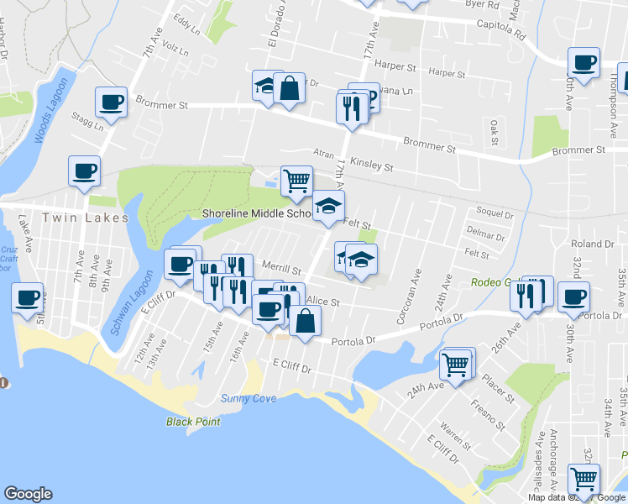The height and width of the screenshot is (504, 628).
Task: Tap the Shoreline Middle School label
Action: pyautogui.click(x=257, y=213)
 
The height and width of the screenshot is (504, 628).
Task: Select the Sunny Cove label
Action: pyautogui.click(x=248, y=398)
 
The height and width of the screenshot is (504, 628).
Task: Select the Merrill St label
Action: pyautogui.click(x=281, y=270)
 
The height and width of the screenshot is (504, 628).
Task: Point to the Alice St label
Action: pyautogui.click(x=322, y=301)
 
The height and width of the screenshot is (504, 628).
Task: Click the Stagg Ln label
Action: pyautogui.click(x=87, y=126)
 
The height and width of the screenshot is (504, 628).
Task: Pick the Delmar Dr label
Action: pyautogui.click(x=484, y=237)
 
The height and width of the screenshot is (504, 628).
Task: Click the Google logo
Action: pyautogui.click(x=29, y=493)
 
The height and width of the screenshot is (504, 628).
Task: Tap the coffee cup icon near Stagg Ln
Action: pyautogui.click(x=111, y=102)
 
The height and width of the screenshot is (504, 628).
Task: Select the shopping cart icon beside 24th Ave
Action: pyautogui.click(x=456, y=364)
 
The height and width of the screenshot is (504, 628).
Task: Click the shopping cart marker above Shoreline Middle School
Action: pyautogui.click(x=296, y=180)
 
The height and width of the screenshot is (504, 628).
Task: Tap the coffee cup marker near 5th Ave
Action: pyautogui.click(x=27, y=297)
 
